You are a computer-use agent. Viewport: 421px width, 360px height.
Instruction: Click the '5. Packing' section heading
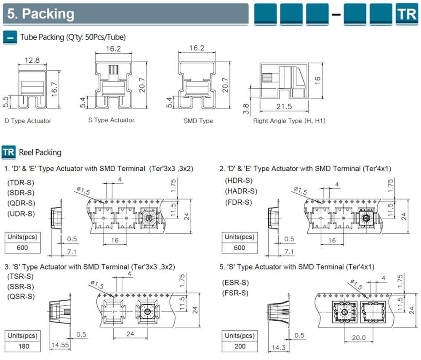(41, 14)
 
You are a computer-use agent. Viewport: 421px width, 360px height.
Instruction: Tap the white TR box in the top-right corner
(406, 14)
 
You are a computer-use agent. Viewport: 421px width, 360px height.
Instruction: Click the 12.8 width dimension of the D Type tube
(32, 60)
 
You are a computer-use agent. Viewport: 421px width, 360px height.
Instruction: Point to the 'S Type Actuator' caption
(111, 120)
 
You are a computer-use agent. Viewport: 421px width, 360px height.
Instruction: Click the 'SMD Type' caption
(198, 121)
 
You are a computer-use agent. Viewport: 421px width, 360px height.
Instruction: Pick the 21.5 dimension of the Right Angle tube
(284, 106)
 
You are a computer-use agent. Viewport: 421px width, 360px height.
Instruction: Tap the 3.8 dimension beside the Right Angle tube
(247, 109)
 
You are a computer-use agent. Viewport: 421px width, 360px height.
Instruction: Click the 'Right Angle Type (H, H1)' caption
(289, 121)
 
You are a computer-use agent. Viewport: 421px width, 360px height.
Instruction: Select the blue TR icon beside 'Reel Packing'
(9, 152)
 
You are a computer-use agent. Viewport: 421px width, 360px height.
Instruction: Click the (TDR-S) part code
(21, 183)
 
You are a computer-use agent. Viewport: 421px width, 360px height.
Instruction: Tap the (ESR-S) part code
(235, 282)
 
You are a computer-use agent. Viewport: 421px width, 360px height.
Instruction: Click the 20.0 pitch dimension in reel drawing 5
(359, 338)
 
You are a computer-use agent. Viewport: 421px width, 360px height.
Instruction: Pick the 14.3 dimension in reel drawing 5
(275, 347)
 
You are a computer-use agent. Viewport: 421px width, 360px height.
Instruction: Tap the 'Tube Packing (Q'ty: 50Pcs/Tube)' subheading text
(73, 37)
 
